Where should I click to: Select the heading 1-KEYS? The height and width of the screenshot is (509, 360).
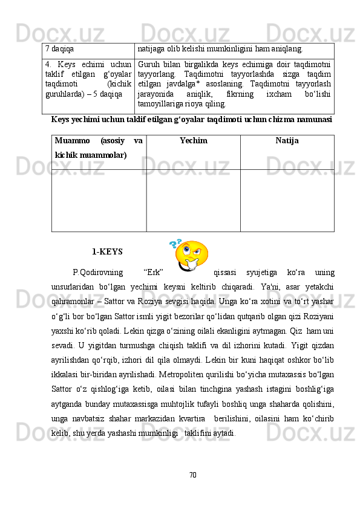(x=108, y=251)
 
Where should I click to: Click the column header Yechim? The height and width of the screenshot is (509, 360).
(x=193, y=141)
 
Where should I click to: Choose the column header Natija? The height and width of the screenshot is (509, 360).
(x=287, y=141)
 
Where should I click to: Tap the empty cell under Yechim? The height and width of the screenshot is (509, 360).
(x=193, y=200)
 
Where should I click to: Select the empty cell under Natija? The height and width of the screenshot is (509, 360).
(x=287, y=200)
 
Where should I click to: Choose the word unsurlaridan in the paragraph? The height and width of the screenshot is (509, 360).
(x=77, y=287)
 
